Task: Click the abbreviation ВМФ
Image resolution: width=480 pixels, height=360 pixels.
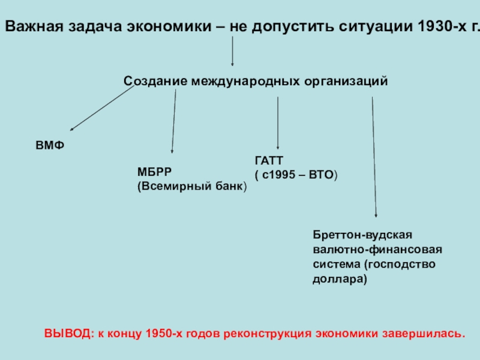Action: pos(49,146)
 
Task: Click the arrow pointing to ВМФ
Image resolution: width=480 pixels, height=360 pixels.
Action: pos(102,107)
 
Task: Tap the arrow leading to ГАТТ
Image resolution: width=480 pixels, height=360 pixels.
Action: pos(277,123)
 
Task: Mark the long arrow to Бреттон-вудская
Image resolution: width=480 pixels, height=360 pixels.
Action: pos(374,156)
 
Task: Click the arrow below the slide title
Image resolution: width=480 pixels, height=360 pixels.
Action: pos(233,51)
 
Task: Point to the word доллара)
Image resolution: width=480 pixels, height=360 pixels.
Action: pos(340,279)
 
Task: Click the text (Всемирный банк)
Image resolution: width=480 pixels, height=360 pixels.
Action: pos(192,186)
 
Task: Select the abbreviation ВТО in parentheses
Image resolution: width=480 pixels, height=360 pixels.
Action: pos(320,175)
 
